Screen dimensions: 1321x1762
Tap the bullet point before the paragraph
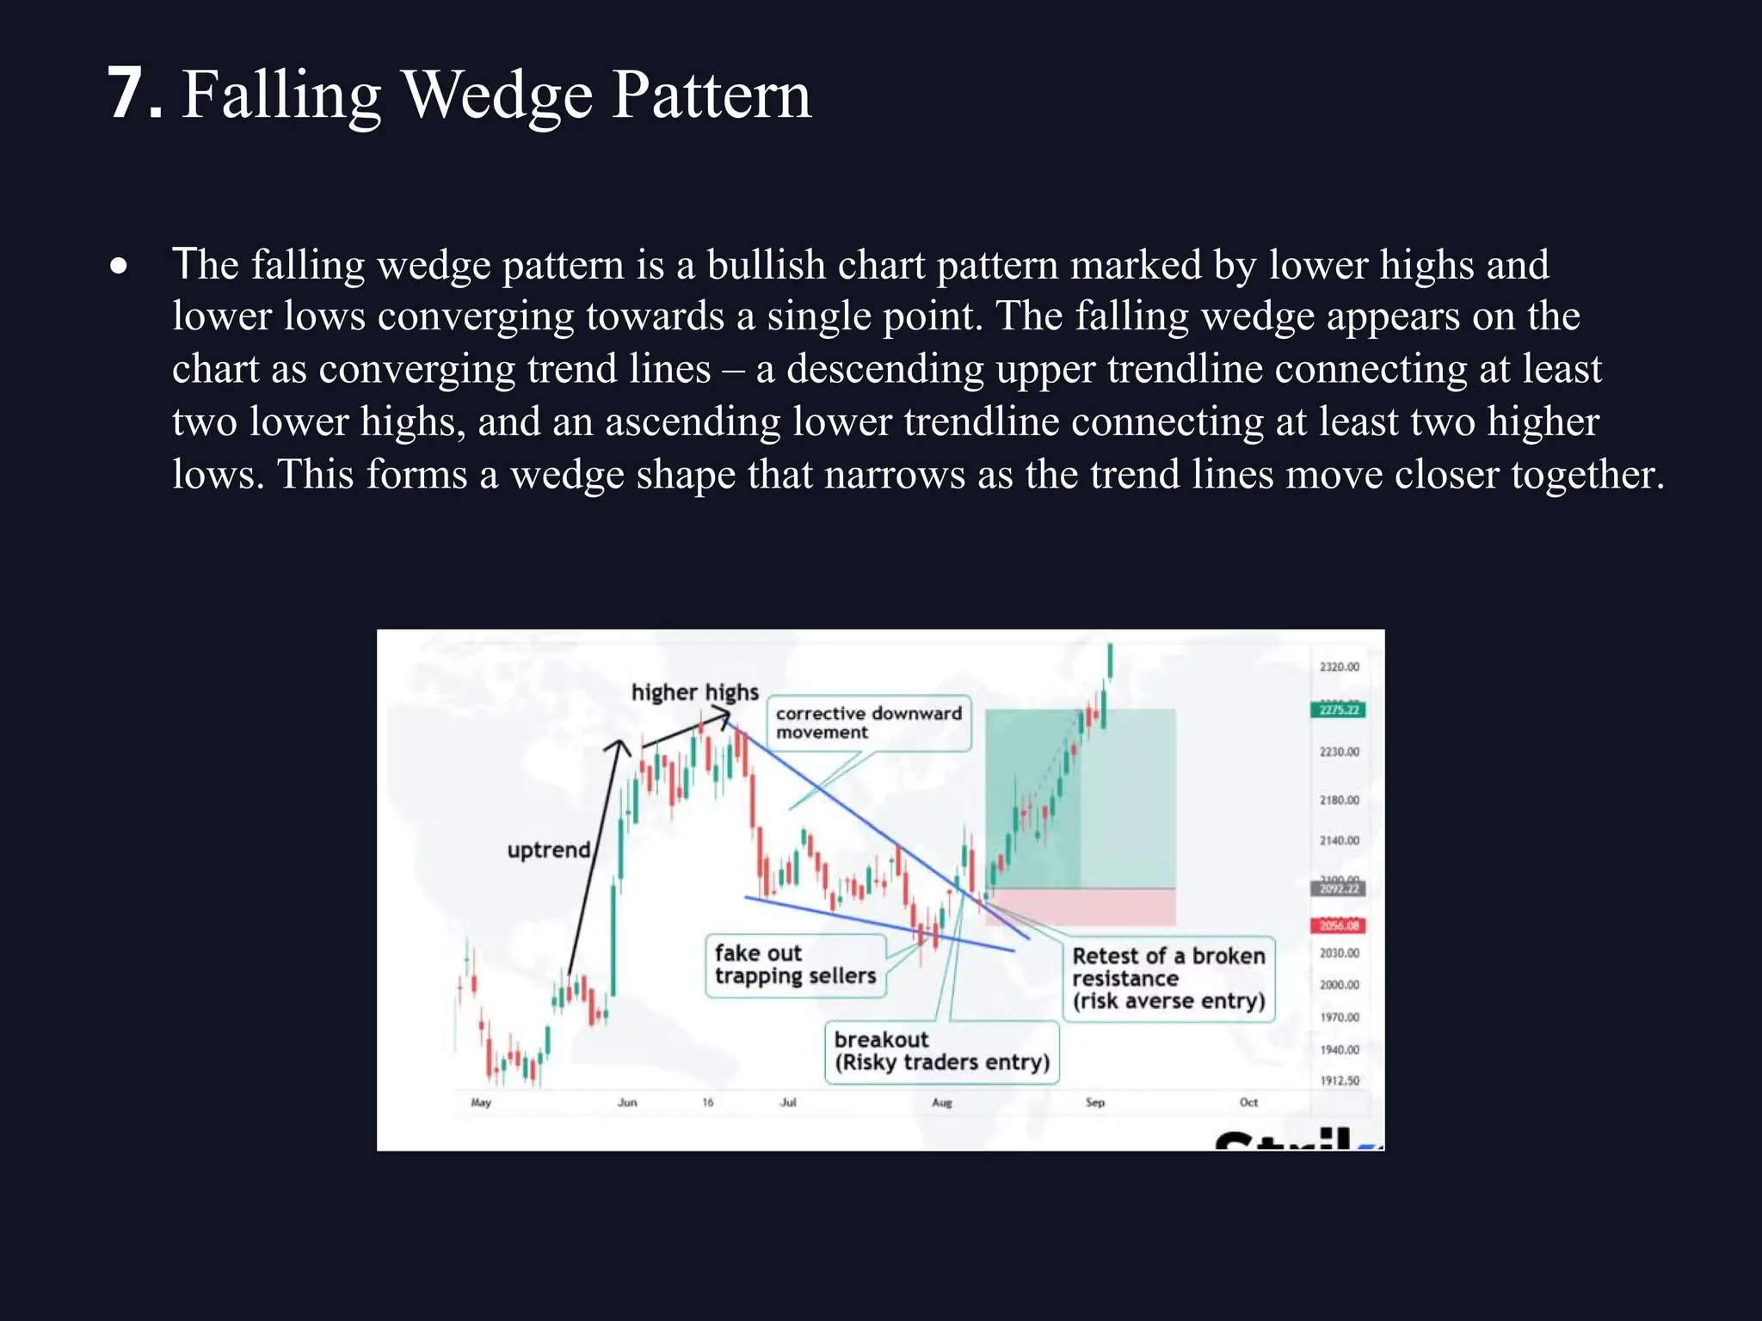coord(119,266)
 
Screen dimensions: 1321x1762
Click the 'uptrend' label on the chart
coord(548,850)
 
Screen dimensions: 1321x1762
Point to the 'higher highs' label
coord(694,692)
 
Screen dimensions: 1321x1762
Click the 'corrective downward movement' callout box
coord(868,722)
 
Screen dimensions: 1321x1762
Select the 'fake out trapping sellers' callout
coord(795,965)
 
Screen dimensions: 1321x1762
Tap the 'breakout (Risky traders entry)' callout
coord(942,1052)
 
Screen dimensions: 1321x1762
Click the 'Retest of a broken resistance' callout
coord(1168,979)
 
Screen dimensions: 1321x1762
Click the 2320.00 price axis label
coord(1339,667)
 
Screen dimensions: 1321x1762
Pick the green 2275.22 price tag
coord(1338,710)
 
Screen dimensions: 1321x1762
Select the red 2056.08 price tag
coord(1338,926)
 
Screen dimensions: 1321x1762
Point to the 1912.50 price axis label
coord(1339,1081)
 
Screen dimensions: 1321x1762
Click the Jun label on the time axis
coord(627,1103)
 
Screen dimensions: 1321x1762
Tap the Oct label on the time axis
coord(1248,1103)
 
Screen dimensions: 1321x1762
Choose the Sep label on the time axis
coord(1094,1103)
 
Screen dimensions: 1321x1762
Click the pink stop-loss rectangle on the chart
coord(1084,906)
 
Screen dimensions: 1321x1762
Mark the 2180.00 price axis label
coord(1339,801)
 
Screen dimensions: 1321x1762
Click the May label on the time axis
coord(481,1103)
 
